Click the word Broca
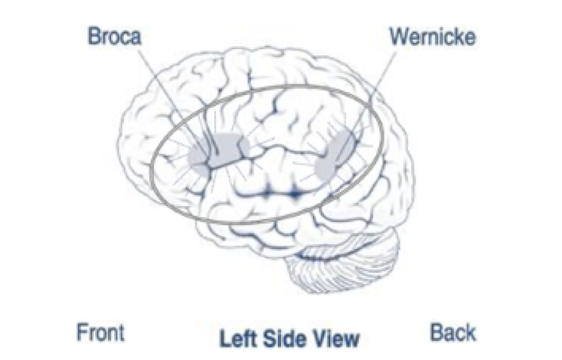pos(115,36)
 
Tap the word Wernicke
pos(432,36)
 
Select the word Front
pos(101,333)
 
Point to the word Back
pos(453,332)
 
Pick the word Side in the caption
pos(285,339)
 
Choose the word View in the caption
pos(337,339)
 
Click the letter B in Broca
pos(94,36)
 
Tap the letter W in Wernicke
pos(400,36)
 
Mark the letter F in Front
pos(82,333)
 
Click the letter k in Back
pos(471,332)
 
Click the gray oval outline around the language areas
pos(268,87)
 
